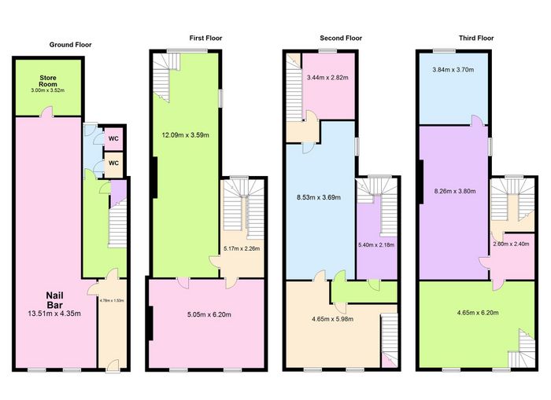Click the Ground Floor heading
click(71, 45)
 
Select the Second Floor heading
click(341, 37)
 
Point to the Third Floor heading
click(476, 37)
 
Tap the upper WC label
click(113, 139)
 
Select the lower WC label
click(113, 163)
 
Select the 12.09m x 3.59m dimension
click(185, 134)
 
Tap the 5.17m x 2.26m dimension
click(242, 249)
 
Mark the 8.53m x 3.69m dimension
click(316, 197)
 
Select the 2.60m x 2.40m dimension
click(512, 244)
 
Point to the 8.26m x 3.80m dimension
click(456, 190)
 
